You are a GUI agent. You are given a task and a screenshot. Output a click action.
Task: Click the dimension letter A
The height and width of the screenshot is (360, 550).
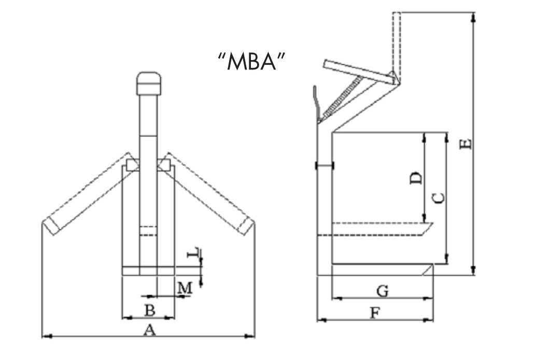tap(149, 329)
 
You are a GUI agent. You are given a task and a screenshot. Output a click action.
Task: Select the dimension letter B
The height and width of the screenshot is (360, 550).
tap(149, 310)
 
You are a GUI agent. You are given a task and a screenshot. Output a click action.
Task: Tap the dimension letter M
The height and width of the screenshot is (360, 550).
tap(185, 287)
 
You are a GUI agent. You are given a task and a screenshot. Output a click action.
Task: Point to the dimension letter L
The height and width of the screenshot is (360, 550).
tap(193, 253)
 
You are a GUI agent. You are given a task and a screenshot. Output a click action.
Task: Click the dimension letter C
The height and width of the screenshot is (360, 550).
tap(438, 197)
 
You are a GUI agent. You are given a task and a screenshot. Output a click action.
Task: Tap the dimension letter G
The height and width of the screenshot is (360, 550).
tap(383, 291)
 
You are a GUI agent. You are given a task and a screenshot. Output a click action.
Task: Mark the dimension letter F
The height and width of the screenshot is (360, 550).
tap(374, 312)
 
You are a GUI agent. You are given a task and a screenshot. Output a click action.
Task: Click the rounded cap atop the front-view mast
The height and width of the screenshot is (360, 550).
tap(149, 83)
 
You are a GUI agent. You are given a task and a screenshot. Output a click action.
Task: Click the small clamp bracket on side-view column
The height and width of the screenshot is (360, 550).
tap(325, 165)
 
